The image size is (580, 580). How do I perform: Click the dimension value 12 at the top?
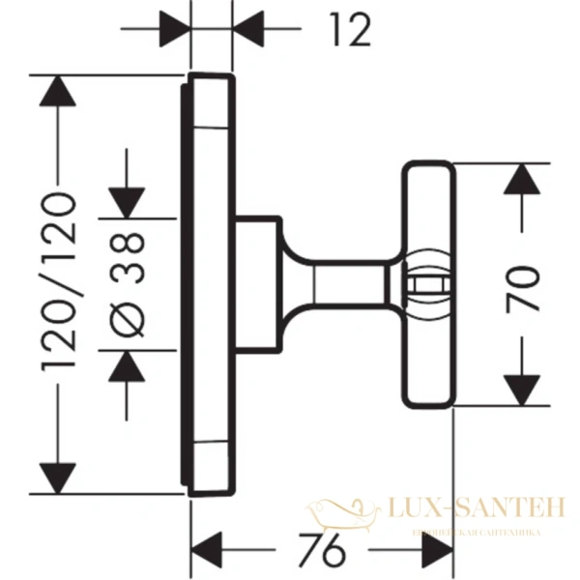347,30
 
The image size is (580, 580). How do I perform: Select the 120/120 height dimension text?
59,280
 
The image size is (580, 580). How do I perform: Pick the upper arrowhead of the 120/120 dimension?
59,92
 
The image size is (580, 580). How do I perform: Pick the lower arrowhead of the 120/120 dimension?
59,476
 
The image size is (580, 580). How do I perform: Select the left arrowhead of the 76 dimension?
209,549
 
